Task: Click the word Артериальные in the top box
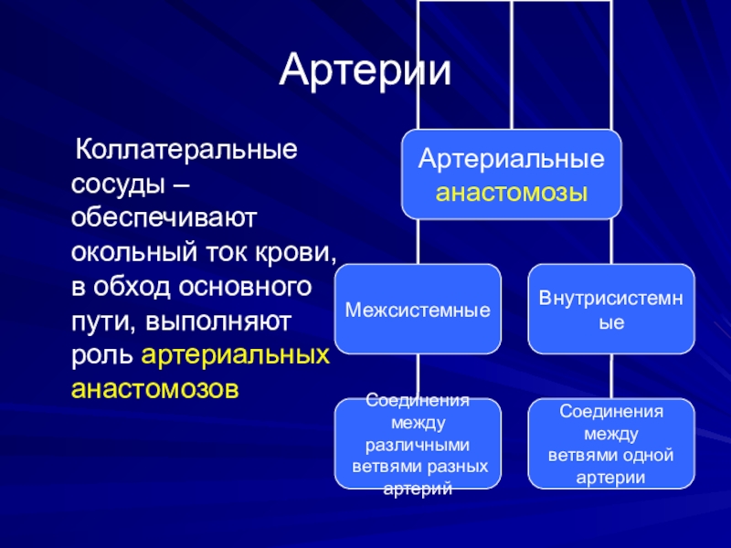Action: tap(511, 159)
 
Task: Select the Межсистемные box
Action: tap(418, 310)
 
